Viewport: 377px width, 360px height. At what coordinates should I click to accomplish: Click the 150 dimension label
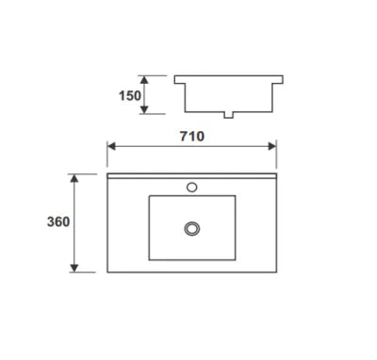130,95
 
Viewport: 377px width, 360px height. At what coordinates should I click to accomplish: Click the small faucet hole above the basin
192,187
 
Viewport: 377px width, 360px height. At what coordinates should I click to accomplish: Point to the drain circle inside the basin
192,228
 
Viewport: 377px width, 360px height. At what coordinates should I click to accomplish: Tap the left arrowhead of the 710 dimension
110,146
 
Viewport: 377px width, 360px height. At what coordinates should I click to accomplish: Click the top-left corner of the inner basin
150,196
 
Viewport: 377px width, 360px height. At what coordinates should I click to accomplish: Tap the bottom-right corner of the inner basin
236,260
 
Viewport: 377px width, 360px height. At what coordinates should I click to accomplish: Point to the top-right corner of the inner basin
236,196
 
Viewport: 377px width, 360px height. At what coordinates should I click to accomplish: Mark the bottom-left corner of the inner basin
150,260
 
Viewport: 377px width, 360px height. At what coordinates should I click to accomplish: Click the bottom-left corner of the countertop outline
107,271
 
